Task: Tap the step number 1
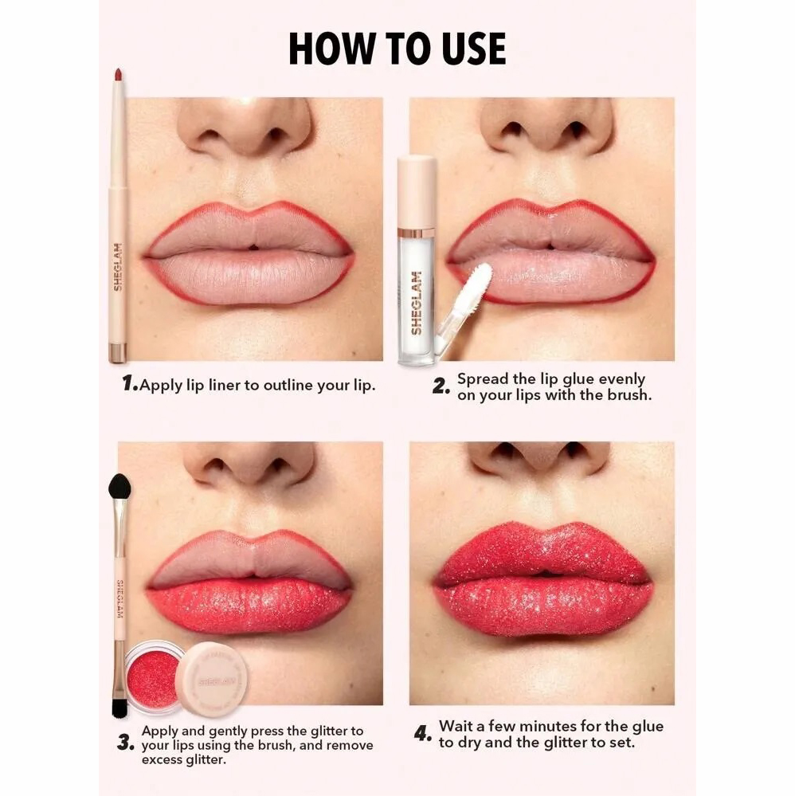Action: [129, 383]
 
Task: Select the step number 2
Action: [441, 386]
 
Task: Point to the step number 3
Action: [125, 742]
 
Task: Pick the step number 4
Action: [423, 734]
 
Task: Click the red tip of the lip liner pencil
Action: [118, 75]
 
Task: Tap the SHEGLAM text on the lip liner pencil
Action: [117, 267]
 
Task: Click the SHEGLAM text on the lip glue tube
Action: [417, 303]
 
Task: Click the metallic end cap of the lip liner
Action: [117, 353]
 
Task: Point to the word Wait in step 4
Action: [455, 727]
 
